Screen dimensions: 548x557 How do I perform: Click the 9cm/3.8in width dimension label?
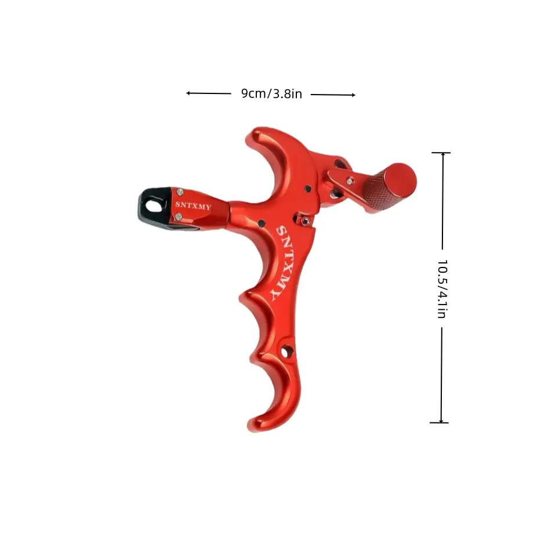pos(271,93)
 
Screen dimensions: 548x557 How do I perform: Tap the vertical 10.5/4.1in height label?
pos(442,288)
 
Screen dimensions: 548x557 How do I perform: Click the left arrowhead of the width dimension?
pos(188,93)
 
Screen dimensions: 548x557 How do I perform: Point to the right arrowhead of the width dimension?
pos(353,95)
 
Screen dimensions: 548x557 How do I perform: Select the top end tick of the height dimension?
pos(441,153)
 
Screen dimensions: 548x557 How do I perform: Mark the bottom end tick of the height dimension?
pos(439,423)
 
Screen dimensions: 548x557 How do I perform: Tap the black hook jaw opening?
pos(153,206)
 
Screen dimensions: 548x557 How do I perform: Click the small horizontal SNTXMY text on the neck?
pos(193,205)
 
